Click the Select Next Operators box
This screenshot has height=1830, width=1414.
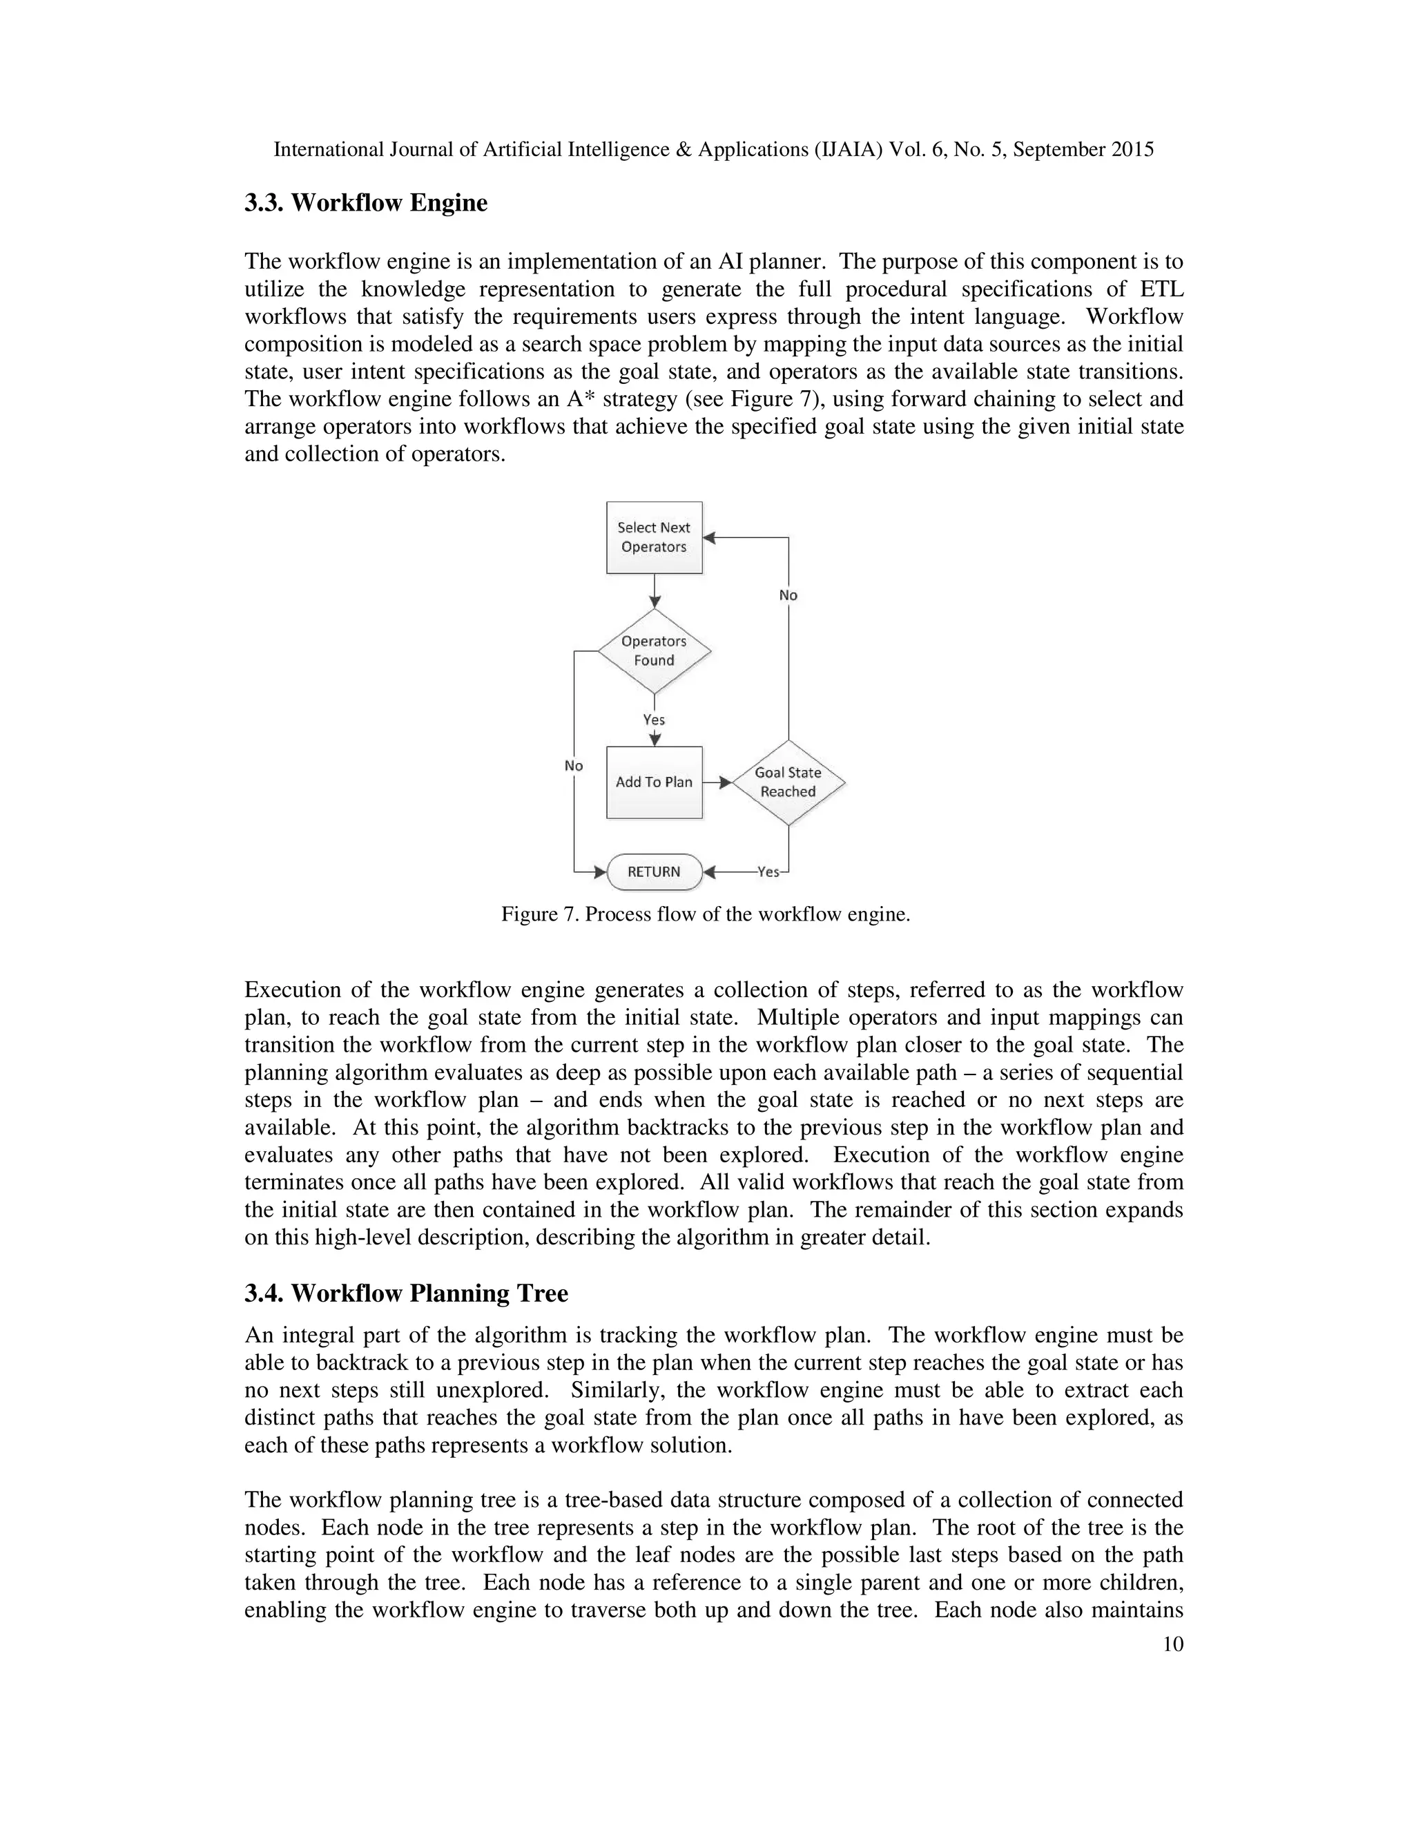653,537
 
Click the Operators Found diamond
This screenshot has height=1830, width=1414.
653,651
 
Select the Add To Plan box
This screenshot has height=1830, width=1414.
653,782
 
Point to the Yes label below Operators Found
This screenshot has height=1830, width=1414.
653,720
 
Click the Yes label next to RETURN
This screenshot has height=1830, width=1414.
767,871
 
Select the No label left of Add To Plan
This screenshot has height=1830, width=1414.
574,766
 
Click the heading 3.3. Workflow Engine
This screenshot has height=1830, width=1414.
365,203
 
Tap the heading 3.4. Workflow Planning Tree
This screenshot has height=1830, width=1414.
405,1293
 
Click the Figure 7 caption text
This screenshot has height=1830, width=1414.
706,914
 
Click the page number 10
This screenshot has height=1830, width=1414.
1173,1644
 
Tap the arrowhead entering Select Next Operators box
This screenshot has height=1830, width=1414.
708,537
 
